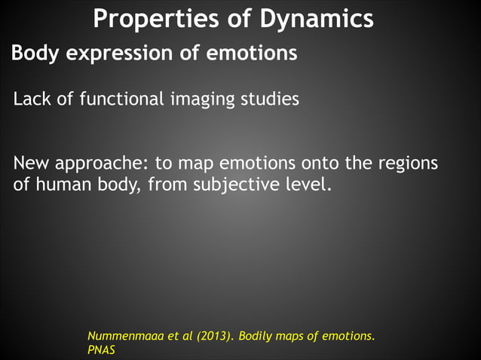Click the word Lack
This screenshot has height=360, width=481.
coord(31,99)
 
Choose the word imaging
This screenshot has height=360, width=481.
coord(200,99)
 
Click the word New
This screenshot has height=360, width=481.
coord(32,163)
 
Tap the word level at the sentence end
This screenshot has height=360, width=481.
coord(307,183)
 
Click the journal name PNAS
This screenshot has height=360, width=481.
coord(101,350)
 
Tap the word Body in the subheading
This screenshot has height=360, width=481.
coord(32,55)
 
